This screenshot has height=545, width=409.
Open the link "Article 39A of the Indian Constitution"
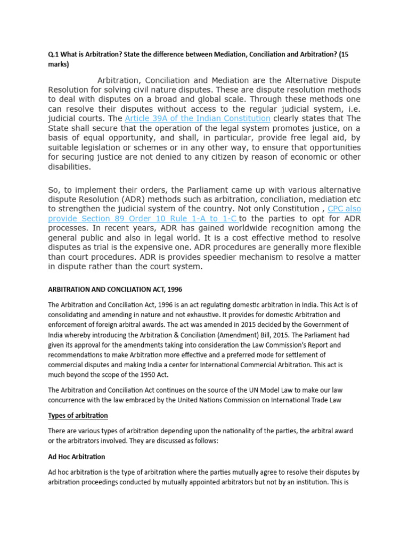click(x=198, y=118)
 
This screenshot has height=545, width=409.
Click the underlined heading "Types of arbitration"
click(x=78, y=415)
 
